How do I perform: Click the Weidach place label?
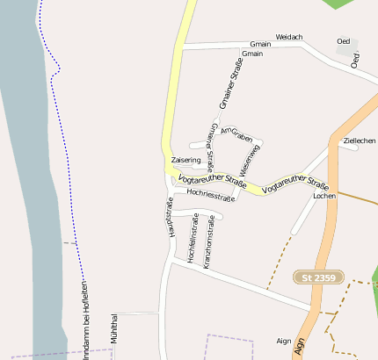pos(289,37)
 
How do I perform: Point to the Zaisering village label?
pos(186,161)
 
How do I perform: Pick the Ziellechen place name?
pos(360,140)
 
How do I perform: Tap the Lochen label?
pos(324,196)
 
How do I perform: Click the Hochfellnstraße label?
pos(193,241)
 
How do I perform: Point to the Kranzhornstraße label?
pos(208,241)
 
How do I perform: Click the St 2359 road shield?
pos(318,277)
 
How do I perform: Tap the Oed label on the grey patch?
pos(343,41)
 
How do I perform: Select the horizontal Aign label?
pos(283,340)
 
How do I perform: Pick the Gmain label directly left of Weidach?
pos(260,44)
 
